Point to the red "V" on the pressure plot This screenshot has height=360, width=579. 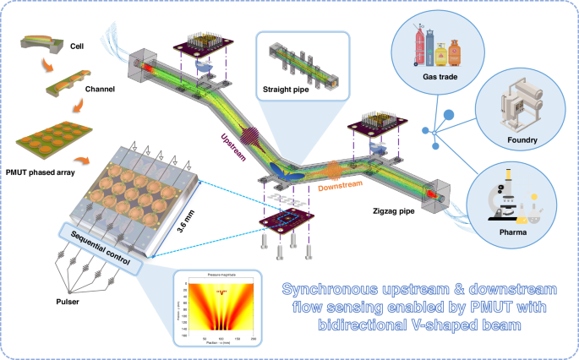(x=223, y=292)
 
